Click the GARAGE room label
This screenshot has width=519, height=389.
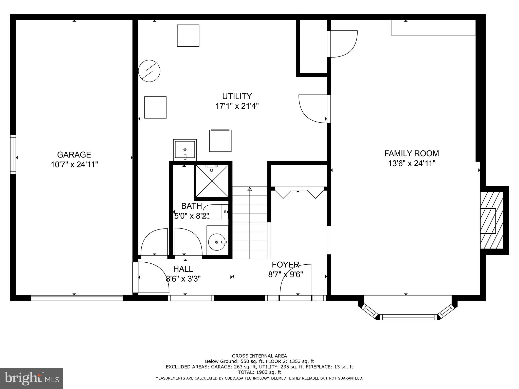[74, 154]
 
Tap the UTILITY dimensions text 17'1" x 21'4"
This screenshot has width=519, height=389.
[237, 106]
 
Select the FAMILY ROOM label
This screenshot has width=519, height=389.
[412, 153]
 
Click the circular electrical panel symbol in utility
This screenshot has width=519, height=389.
[149, 71]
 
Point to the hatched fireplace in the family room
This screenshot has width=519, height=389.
[491, 220]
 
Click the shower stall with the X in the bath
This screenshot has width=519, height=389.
[212, 181]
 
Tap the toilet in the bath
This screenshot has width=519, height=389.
[215, 212]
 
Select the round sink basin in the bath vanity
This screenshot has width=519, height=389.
[217, 242]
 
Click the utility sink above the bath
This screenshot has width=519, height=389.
[185, 150]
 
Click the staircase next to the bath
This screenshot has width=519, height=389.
[250, 223]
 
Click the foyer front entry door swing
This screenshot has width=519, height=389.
[295, 281]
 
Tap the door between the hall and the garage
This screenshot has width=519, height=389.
[152, 277]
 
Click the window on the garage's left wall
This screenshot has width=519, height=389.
[13, 154]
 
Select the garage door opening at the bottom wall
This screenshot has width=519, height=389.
[77, 298]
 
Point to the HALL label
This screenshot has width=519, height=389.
[183, 269]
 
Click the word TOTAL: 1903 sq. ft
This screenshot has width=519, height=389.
[259, 372]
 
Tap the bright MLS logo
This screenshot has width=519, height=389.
[32, 379]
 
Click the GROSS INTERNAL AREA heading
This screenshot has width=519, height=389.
[259, 356]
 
